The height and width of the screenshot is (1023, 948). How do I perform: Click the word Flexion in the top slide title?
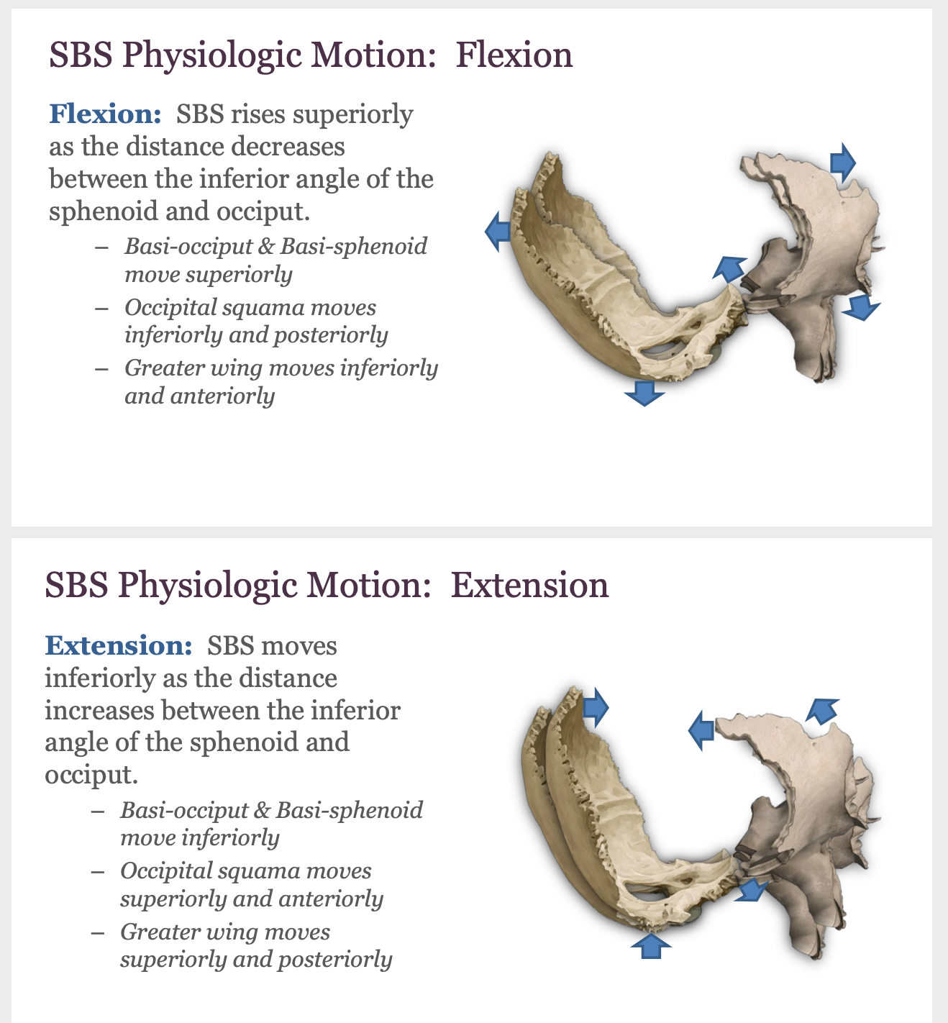514,55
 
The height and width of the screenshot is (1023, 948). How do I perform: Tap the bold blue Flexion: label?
105,114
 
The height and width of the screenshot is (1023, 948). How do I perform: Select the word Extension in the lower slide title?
529,585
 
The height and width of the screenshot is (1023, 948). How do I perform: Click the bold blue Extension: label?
119,645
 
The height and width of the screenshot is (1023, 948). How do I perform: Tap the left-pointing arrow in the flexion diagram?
497,232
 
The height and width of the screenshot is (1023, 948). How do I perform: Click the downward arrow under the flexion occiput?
644,394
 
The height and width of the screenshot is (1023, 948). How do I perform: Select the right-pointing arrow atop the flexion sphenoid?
842,162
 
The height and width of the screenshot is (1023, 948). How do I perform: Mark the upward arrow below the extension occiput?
650,945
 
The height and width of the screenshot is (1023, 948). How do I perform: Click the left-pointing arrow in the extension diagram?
701,730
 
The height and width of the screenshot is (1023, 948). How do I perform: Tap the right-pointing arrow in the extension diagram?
596,707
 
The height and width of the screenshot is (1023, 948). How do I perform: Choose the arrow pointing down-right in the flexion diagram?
860,308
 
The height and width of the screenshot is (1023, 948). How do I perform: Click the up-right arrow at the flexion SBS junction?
730,268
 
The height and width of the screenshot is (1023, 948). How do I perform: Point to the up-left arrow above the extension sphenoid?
821,710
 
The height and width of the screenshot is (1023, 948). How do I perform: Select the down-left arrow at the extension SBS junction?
752,890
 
